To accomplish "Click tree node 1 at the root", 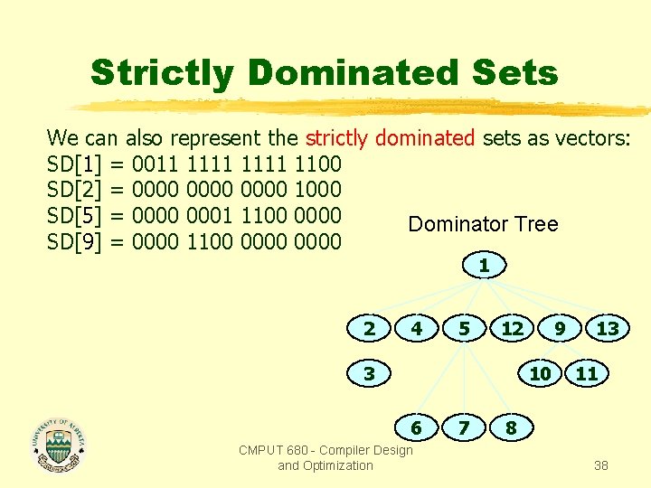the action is [484, 267].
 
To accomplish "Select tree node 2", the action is [369, 328].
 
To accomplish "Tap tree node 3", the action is [369, 372].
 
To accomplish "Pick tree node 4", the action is [416, 328].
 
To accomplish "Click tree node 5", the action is [464, 328].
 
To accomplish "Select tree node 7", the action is [464, 427].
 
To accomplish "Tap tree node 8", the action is [511, 427].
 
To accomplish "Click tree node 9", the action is [561, 328].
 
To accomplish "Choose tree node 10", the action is [540, 372].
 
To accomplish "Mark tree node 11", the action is [587, 372].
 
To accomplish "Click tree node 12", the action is [512, 328].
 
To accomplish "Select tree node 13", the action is [608, 328].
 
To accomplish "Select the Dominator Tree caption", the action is [483, 224].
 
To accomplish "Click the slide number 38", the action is [600, 465].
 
